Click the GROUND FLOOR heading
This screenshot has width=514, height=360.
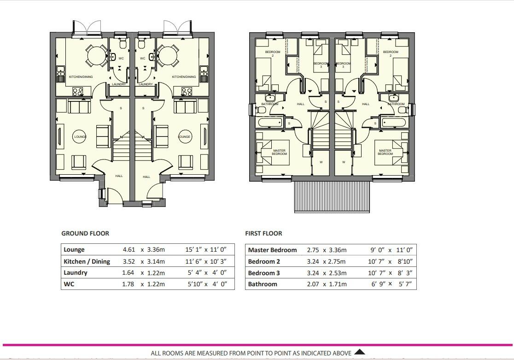[x=85, y=233]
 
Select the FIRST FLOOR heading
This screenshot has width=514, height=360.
[x=263, y=233]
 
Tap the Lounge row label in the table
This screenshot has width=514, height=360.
[x=74, y=249]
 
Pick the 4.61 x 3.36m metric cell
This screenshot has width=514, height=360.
[x=143, y=249]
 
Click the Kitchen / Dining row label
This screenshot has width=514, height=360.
[x=87, y=261]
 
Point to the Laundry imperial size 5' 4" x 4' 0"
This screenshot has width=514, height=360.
[x=206, y=272]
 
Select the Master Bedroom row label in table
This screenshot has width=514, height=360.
[x=272, y=250]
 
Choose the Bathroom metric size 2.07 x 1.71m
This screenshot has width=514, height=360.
[x=327, y=284]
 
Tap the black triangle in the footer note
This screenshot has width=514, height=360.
[x=360, y=353]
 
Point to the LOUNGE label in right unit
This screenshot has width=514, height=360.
[x=185, y=137]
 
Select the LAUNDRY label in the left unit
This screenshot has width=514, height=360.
[x=119, y=84]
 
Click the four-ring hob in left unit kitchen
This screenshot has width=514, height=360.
[x=77, y=92]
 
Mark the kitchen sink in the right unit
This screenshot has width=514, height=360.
[x=204, y=72]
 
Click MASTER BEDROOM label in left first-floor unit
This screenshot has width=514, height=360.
[x=279, y=152]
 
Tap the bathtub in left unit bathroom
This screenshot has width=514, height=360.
[x=270, y=123]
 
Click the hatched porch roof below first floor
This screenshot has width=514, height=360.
[x=332, y=196]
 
